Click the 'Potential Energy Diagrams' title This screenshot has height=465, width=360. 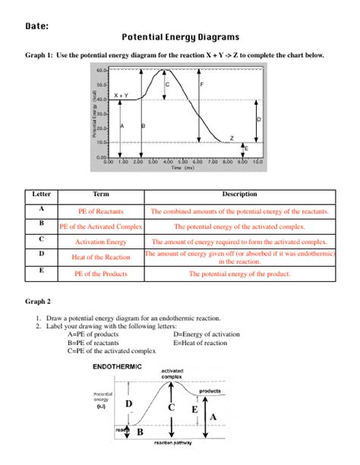point(180,36)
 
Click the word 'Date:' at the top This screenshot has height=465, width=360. point(36,25)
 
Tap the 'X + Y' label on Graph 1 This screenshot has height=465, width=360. point(122,95)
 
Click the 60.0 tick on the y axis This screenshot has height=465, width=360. point(102,69)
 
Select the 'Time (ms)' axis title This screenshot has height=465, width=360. point(182,167)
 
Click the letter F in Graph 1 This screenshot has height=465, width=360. point(202,84)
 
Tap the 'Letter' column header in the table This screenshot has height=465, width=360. point(41,195)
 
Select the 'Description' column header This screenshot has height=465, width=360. point(239,195)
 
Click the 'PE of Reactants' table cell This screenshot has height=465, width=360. point(100,210)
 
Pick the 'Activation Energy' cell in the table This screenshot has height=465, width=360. point(100,242)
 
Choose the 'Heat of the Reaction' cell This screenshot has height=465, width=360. point(100,258)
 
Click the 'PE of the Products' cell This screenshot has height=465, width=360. point(100,274)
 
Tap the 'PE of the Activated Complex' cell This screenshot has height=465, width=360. point(100,226)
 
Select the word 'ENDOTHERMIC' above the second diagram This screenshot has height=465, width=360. point(117,367)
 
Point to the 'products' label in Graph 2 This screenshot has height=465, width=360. point(210,391)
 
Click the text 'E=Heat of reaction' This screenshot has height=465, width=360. point(200,343)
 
